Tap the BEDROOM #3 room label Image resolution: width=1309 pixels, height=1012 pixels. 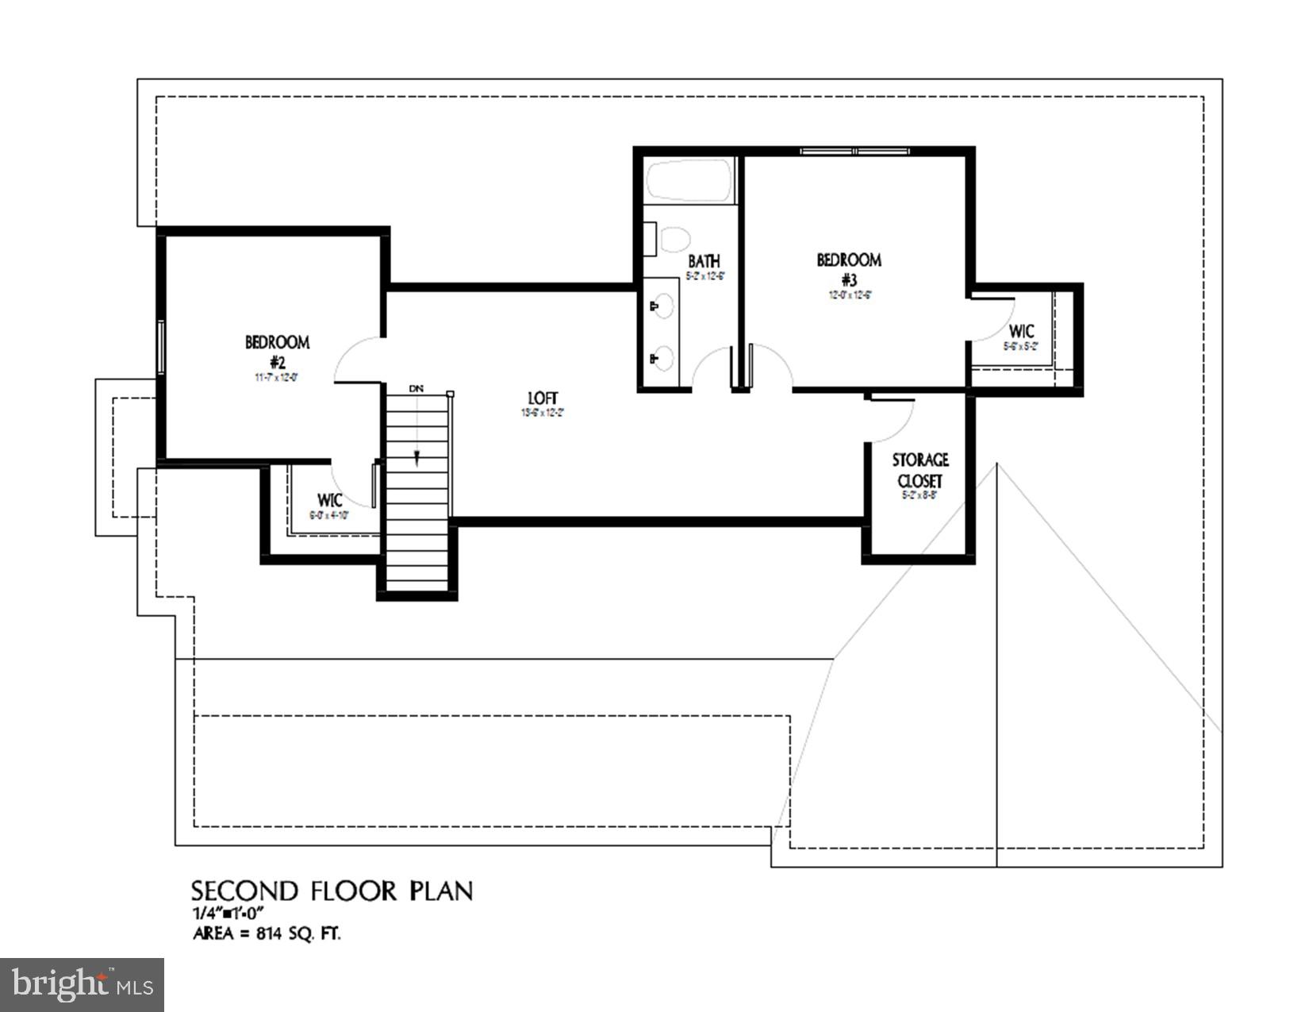point(849,269)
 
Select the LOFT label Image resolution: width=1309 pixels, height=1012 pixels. point(543,398)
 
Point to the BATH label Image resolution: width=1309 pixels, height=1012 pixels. point(704,261)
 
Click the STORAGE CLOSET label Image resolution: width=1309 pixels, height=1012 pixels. point(920,471)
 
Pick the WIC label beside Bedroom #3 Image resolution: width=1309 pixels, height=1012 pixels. point(1021,331)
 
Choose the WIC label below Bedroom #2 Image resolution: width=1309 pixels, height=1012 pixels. point(329,501)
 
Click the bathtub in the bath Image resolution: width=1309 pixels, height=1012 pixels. point(688,181)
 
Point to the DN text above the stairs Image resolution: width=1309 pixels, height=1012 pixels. point(416,389)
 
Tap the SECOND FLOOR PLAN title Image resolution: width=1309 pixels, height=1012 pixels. point(332,891)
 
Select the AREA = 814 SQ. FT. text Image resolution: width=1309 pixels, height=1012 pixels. point(267,933)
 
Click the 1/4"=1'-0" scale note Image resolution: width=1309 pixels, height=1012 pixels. point(227,913)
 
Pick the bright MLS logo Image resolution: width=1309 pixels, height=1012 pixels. point(83,985)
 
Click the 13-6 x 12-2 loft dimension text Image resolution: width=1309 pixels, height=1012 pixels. point(543,413)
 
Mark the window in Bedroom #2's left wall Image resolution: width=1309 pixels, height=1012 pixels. point(161,346)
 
